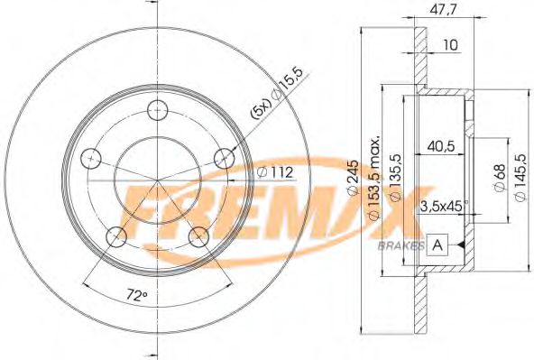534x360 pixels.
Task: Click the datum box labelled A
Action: pos(437,244)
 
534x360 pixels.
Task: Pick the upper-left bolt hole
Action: pos(90,159)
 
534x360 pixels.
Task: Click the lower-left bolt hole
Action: pos(116,237)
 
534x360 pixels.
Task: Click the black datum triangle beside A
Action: pos(461,245)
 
